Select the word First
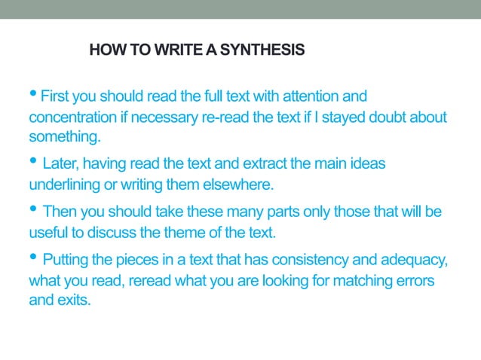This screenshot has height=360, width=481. tap(54, 97)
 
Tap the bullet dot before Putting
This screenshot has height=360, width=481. tap(34, 258)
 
